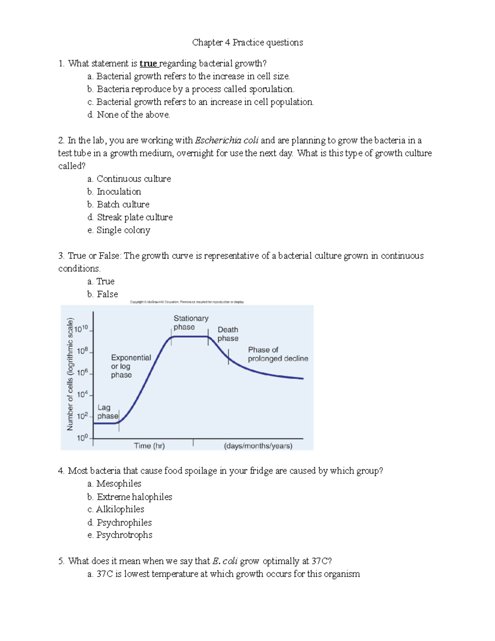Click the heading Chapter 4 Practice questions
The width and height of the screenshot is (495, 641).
247,43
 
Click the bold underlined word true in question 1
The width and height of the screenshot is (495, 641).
148,64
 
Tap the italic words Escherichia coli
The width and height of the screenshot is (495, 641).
226,140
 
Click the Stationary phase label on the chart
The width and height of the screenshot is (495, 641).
191,323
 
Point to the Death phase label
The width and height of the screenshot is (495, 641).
228,334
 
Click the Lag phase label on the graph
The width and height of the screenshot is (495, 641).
107,412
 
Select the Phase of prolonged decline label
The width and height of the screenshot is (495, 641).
278,354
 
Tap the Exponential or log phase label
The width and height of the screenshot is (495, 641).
130,366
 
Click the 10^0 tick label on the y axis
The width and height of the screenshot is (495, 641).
82,438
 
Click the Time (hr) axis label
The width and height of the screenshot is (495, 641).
149,446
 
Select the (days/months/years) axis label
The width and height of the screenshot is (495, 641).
258,446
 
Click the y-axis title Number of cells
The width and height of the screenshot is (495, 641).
70,374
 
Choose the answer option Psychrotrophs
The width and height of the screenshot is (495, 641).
124,535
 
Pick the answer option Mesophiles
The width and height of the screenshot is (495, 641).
119,483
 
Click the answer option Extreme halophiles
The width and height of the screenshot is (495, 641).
134,497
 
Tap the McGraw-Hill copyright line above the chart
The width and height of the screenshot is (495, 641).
187,302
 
